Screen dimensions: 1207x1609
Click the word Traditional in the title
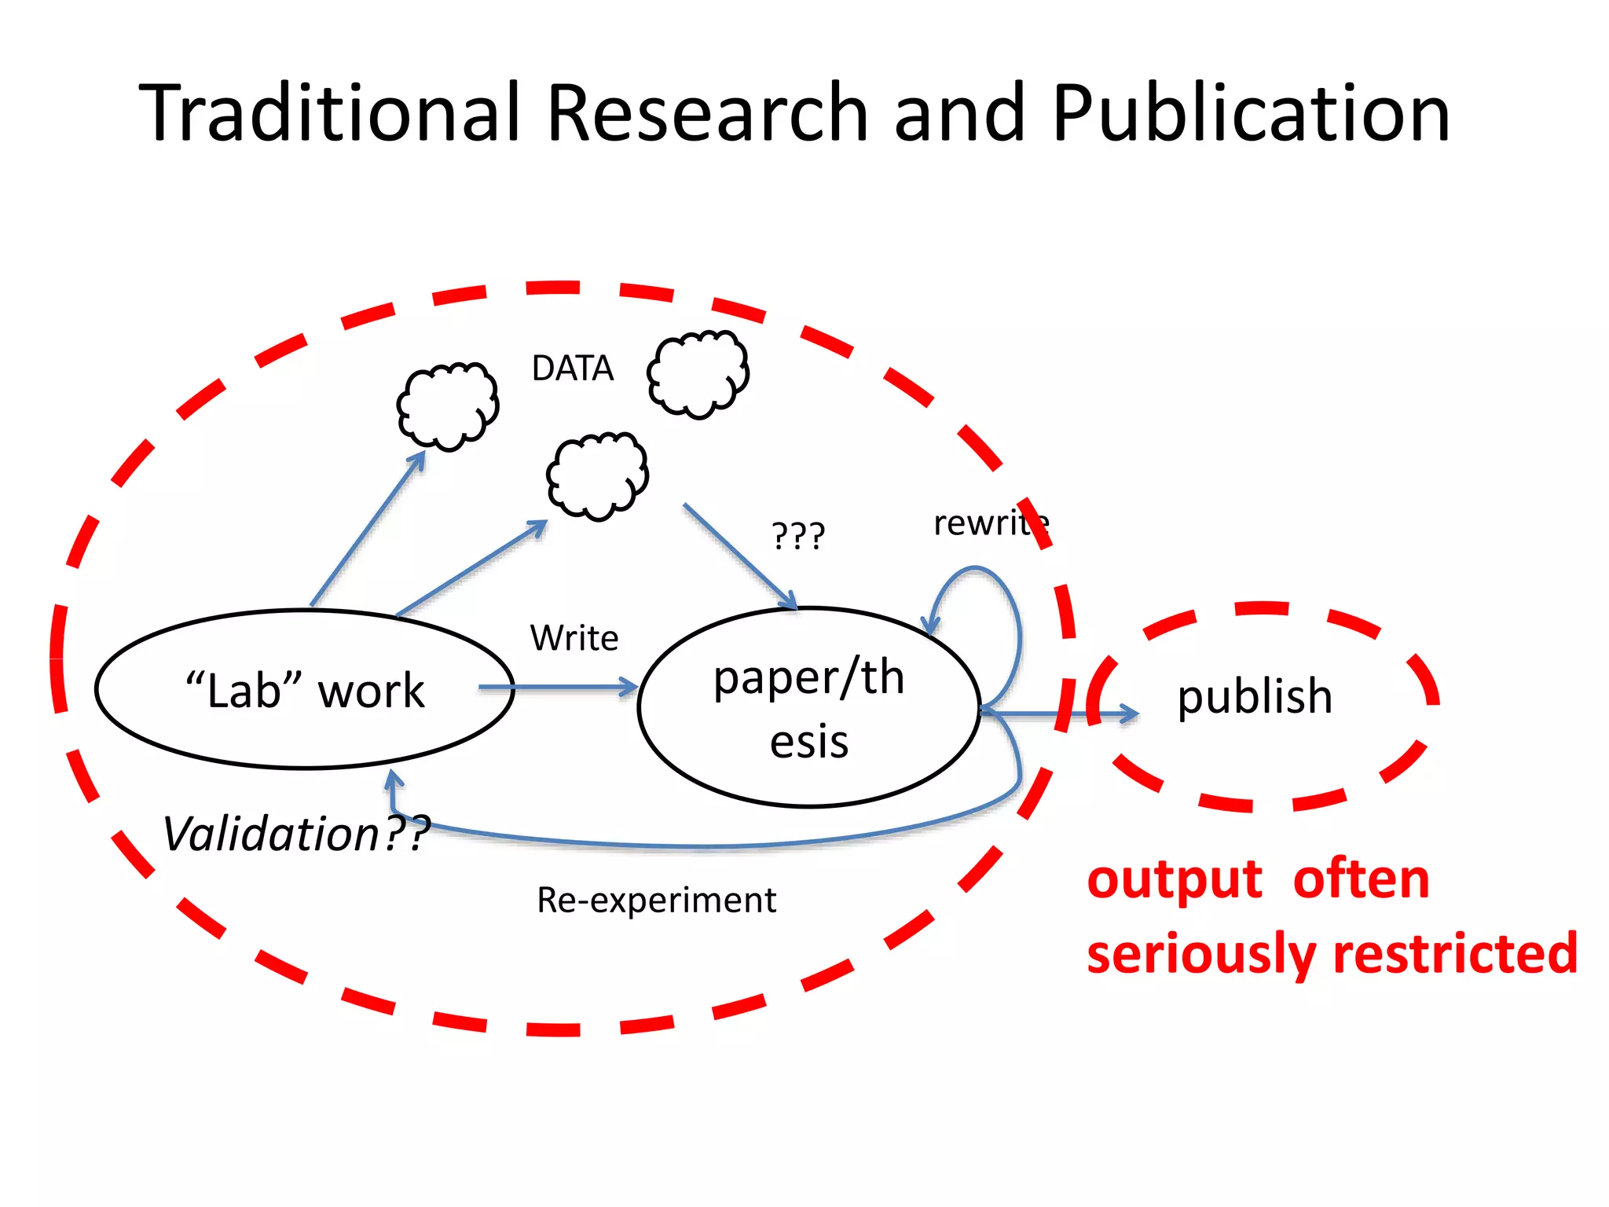330,114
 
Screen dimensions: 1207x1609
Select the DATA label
572,369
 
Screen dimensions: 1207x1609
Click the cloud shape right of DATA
698,374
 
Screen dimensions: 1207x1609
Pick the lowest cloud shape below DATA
597,476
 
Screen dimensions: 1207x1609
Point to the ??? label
798,536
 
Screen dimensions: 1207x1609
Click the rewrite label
990,523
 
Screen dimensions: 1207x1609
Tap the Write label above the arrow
574,638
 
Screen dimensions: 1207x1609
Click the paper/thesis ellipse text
809,707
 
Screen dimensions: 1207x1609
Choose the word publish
1255,696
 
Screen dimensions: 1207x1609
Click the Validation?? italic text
295,834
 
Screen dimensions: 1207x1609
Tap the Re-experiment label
656,901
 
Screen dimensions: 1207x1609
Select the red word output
1175,879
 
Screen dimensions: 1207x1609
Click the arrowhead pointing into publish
1130,714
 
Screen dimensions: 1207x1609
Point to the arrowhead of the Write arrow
629,688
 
